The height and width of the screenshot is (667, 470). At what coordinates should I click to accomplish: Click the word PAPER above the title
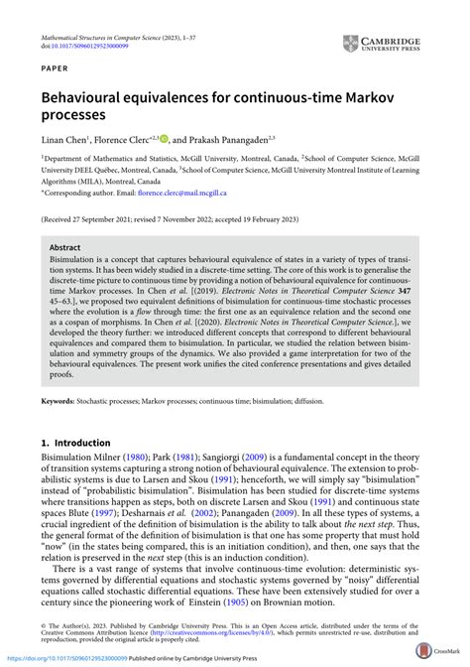click(56, 71)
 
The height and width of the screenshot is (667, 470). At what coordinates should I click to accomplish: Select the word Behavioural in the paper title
click(92, 98)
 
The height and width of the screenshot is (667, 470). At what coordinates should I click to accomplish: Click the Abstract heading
click(65, 247)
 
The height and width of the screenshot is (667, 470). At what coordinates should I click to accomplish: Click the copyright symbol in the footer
click(44, 625)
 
